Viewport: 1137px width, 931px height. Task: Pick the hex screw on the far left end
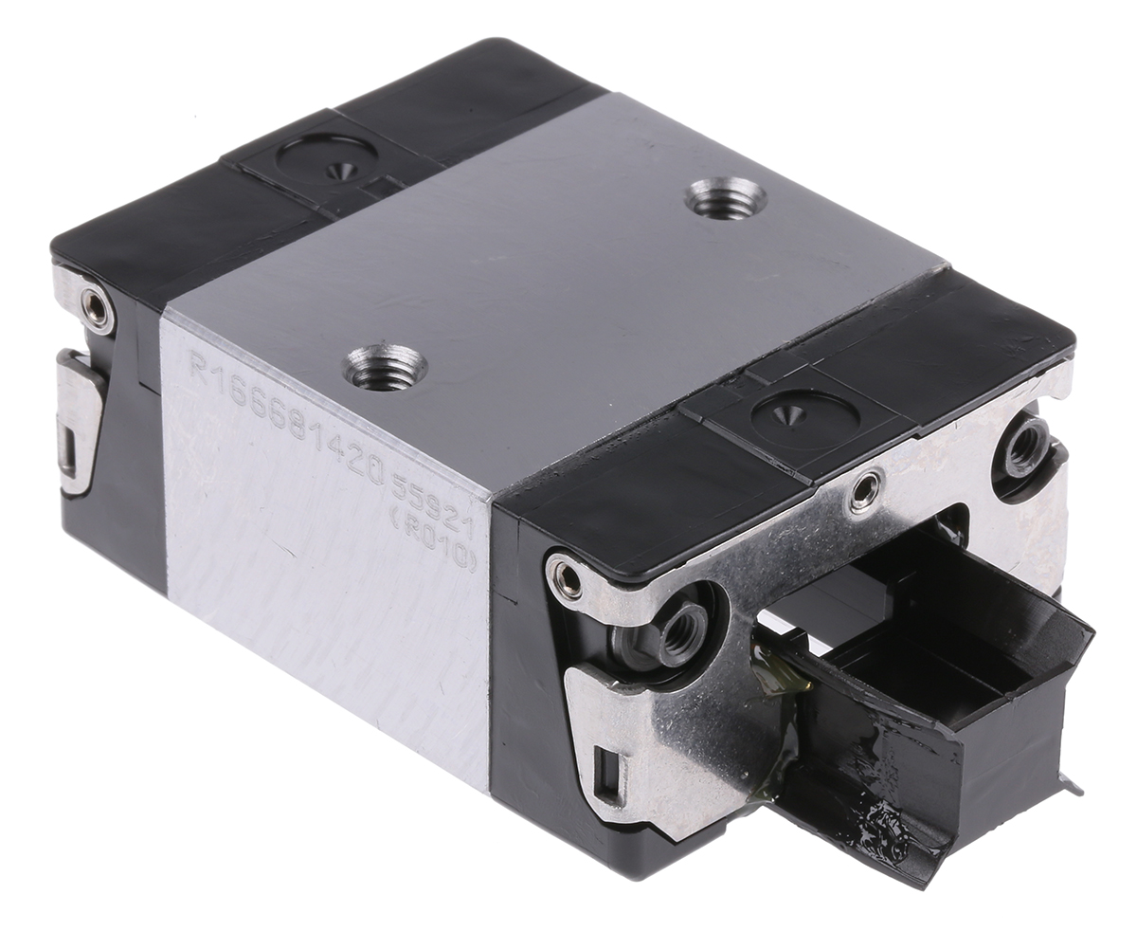pyautogui.click(x=96, y=308)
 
